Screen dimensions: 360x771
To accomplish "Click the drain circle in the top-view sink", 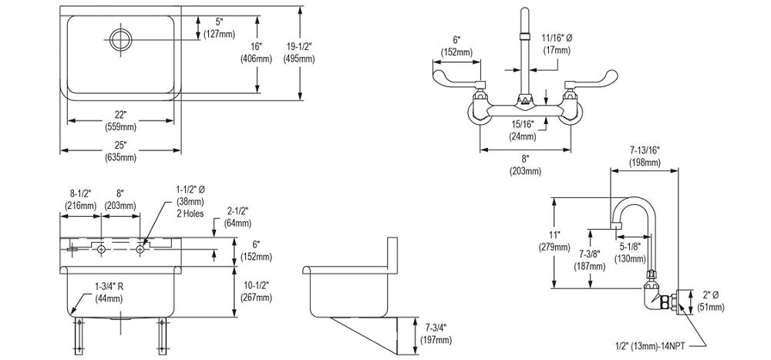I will point(121,38).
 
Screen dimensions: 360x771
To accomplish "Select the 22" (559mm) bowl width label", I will point(121,120).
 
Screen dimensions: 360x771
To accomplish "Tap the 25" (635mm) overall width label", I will point(121,151).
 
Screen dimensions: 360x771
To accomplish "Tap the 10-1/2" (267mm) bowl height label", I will point(257,291).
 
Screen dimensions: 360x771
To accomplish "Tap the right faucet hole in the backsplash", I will point(141,248).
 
